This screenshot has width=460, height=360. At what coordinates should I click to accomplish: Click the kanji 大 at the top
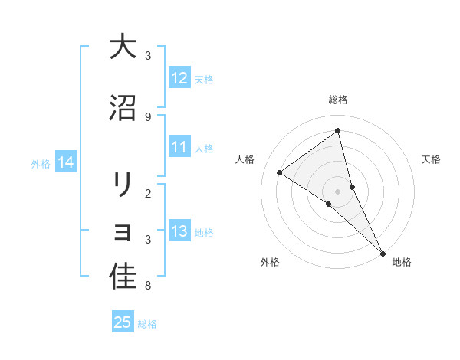(x=123, y=47)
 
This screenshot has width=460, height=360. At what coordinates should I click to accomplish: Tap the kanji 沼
(x=123, y=108)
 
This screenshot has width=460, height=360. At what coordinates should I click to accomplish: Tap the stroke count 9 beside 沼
(x=148, y=116)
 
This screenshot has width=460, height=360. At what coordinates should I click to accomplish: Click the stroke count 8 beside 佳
(x=148, y=286)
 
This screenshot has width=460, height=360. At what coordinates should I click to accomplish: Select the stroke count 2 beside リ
(x=148, y=193)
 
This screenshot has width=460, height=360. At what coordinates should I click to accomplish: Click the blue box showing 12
(x=179, y=79)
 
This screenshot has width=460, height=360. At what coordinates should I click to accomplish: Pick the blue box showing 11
(x=179, y=148)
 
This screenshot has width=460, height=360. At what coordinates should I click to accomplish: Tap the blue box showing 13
(x=179, y=232)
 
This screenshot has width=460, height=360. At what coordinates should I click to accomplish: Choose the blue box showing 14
(x=66, y=162)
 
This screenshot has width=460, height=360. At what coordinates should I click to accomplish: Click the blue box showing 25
(x=123, y=322)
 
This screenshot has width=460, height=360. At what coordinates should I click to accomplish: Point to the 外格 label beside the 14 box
(x=41, y=163)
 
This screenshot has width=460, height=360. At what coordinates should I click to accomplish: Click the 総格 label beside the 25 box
(x=147, y=324)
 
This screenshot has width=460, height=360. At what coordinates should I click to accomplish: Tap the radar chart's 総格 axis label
(x=338, y=100)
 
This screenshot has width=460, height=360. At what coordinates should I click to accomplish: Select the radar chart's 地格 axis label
(x=402, y=262)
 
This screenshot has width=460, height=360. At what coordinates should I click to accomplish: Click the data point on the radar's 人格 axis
(x=280, y=172)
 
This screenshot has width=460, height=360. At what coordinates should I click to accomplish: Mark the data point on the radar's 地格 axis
(x=383, y=253)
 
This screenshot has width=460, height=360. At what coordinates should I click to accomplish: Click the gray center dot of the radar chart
(x=338, y=191)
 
